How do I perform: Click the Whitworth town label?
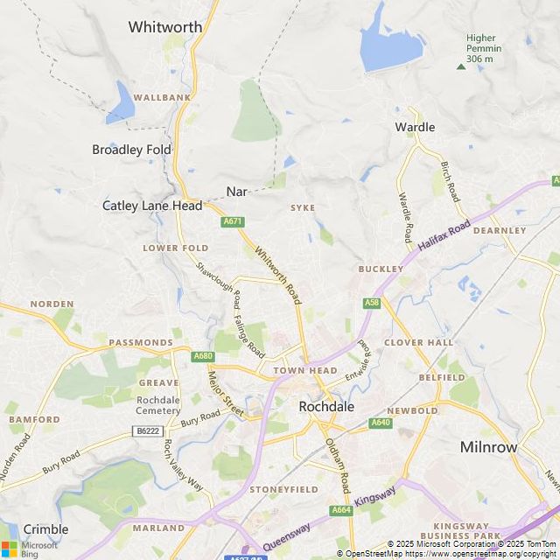(x=165, y=27)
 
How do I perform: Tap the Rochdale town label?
(x=326, y=407)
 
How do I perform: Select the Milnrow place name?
(x=489, y=447)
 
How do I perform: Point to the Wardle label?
(x=415, y=127)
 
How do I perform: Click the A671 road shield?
(x=232, y=221)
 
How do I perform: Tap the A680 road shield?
(x=203, y=356)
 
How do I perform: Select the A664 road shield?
(x=340, y=510)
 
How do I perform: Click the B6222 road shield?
(x=148, y=431)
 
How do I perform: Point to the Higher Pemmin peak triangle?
(x=461, y=66)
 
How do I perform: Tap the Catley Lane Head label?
(x=152, y=206)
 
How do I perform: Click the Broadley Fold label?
(x=132, y=150)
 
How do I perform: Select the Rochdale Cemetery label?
(x=158, y=406)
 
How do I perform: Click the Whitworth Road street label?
(x=278, y=276)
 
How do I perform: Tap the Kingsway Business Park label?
(x=461, y=531)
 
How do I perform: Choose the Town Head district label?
(x=305, y=371)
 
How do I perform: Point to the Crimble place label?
(x=45, y=529)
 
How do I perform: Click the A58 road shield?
(x=372, y=303)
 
